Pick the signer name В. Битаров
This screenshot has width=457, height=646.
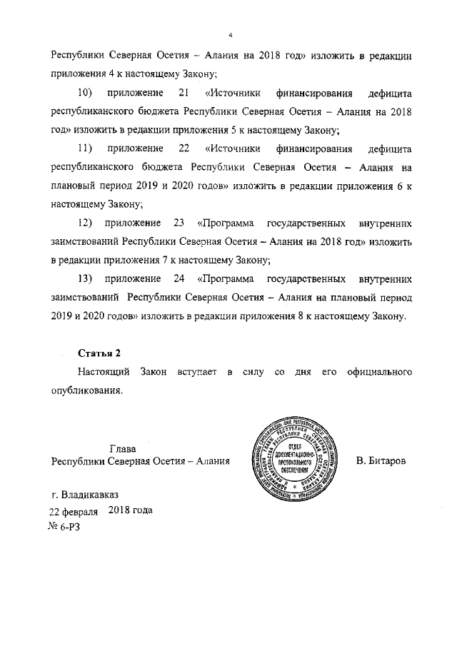381,462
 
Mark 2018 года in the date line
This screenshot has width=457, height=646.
131,510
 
